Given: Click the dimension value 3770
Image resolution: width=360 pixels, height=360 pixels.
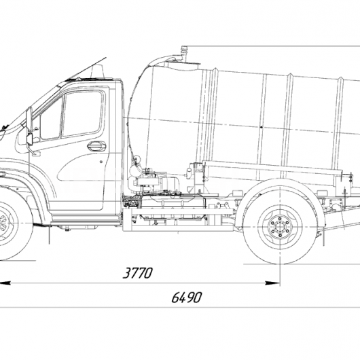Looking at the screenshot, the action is click(x=138, y=273).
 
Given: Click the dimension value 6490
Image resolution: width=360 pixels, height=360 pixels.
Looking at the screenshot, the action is click(x=186, y=298).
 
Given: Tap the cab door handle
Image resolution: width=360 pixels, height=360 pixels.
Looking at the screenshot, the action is click(x=96, y=146).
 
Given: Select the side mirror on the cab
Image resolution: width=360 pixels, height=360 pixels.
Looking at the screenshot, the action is click(x=29, y=126).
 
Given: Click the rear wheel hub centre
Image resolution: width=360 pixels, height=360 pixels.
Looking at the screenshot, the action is click(x=280, y=228).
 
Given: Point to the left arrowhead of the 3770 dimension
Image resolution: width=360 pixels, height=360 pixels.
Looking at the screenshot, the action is click(x=5, y=283).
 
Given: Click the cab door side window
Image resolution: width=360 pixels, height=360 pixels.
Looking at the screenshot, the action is click(x=82, y=113).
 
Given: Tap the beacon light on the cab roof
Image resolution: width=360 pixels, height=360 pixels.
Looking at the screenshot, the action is click(x=98, y=71).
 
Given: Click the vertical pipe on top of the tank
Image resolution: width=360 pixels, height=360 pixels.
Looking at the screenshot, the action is click(x=183, y=54).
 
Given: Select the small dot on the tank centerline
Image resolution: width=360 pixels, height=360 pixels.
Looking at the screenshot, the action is click(x=261, y=127).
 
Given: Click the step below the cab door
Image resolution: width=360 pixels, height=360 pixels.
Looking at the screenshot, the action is click(x=86, y=219).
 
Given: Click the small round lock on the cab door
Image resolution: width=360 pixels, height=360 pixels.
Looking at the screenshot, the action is click(x=101, y=162).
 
